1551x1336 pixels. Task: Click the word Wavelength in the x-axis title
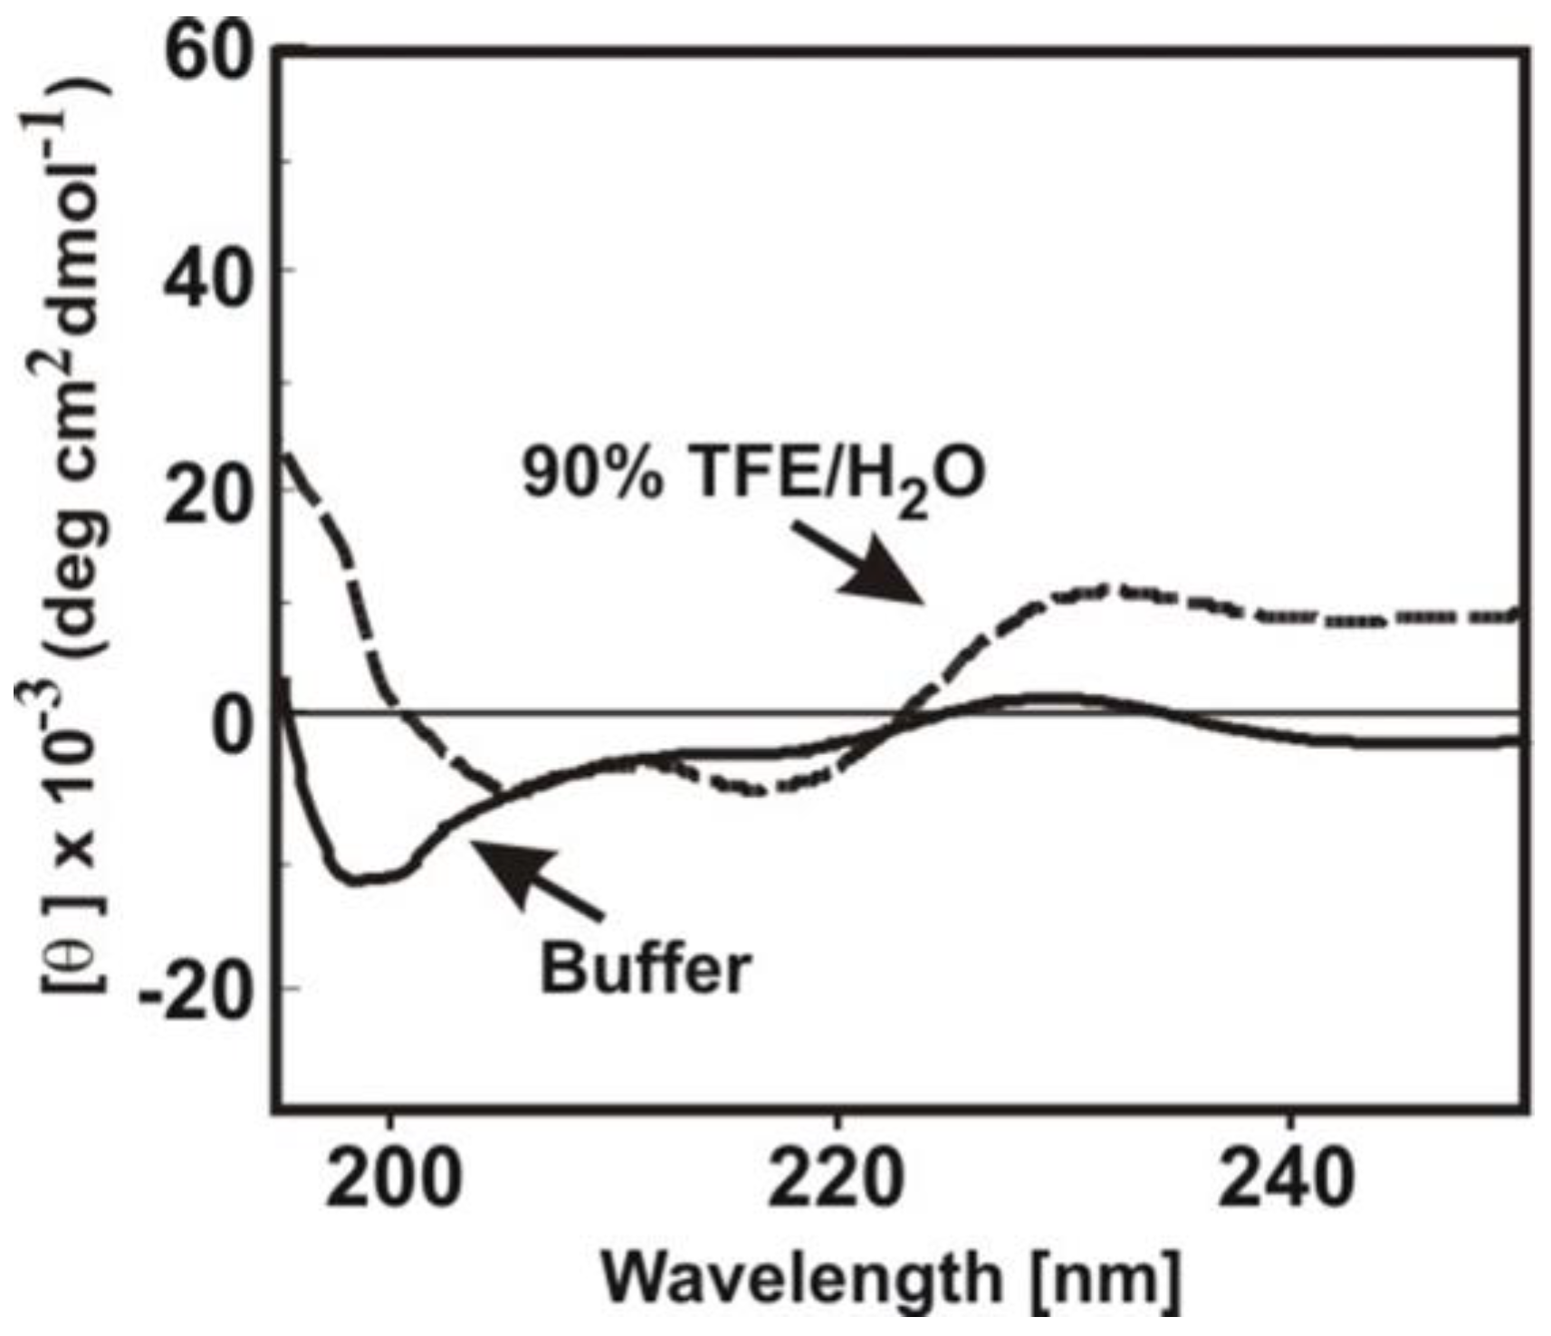797,1279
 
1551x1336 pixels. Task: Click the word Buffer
646,969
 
